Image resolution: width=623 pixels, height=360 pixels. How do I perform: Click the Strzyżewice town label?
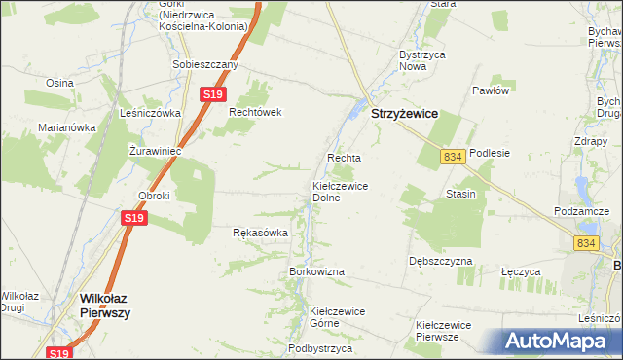(x=404, y=114)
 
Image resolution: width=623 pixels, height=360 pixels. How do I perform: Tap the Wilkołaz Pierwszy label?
(x=105, y=306)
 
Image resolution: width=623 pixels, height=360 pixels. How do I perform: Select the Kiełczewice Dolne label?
(x=339, y=191)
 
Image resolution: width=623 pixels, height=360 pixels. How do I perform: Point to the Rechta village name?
(x=344, y=158)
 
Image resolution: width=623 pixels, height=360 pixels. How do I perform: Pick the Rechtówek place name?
(x=255, y=112)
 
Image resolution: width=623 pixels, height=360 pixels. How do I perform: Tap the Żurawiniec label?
(x=156, y=150)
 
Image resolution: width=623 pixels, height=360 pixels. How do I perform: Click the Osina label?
(x=59, y=83)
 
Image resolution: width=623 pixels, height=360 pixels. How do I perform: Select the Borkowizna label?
(x=317, y=271)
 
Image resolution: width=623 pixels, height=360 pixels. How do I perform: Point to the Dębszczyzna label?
(x=441, y=262)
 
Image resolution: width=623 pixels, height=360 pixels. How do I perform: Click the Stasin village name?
(x=460, y=194)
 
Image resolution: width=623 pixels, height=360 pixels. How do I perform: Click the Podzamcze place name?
(x=580, y=212)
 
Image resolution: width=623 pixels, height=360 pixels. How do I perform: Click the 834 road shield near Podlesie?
(x=451, y=157)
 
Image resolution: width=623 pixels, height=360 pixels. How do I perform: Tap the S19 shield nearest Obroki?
(x=134, y=219)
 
